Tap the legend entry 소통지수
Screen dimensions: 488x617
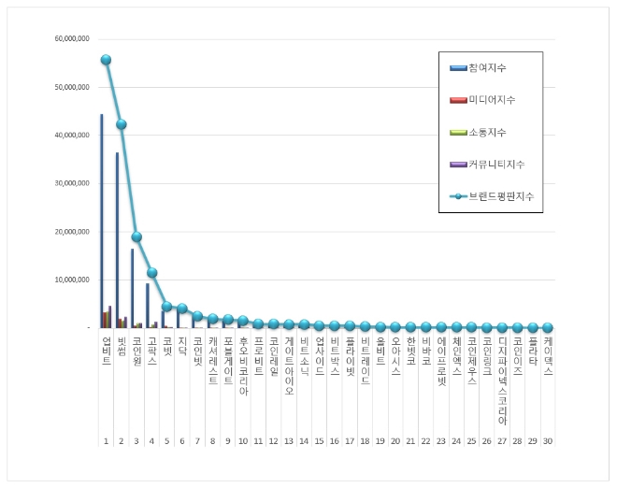[x=488, y=132]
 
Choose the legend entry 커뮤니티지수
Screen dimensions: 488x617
[x=495, y=165]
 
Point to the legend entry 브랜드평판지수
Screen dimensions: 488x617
[x=501, y=196]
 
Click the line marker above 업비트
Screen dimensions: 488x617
[x=106, y=60]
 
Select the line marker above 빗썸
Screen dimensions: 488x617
[x=122, y=124]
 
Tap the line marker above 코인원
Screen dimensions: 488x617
[x=136, y=237]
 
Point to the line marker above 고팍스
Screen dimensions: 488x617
[x=151, y=273]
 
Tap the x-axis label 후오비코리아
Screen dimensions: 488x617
[x=243, y=367]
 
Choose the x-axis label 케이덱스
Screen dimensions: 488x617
[x=548, y=357]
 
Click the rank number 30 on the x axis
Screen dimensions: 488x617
[x=548, y=440]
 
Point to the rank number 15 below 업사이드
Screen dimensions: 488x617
[x=319, y=440]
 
